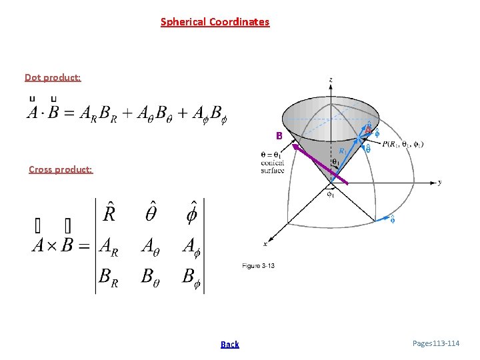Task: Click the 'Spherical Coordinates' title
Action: (x=215, y=22)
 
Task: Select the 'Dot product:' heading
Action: (x=53, y=77)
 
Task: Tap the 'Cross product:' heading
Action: (x=61, y=169)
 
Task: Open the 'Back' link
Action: (x=229, y=344)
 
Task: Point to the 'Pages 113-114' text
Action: (x=436, y=343)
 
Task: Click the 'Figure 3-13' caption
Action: (x=258, y=265)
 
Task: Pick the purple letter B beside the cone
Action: (x=279, y=136)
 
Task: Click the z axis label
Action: (x=331, y=80)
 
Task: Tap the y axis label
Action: (x=439, y=182)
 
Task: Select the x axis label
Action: (x=265, y=243)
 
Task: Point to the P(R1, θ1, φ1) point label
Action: (x=403, y=143)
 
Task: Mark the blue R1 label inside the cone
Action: (x=341, y=151)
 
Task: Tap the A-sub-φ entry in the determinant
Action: (x=193, y=246)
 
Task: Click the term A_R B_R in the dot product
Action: (x=98, y=114)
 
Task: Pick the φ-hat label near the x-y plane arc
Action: (x=392, y=219)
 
